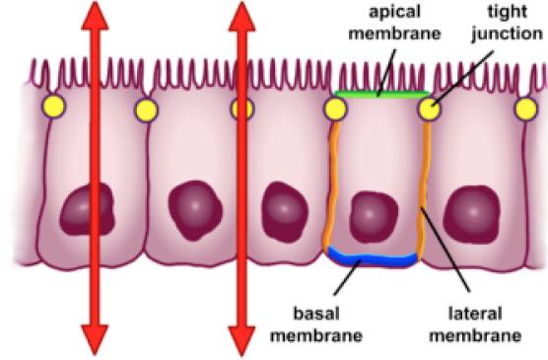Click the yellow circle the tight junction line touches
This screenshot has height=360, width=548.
point(429,108)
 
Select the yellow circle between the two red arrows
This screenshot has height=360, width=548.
point(146,108)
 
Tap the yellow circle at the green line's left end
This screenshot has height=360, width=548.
point(335,108)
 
